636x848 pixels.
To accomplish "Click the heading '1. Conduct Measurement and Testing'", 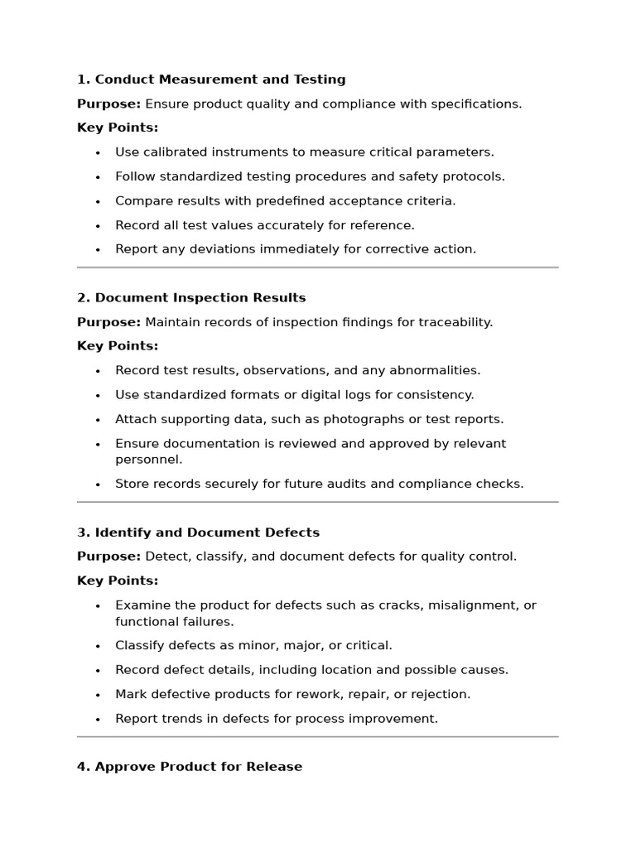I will click(211, 79).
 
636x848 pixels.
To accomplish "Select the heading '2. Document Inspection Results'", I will click(191, 297).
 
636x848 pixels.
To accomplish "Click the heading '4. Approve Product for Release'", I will click(190, 767).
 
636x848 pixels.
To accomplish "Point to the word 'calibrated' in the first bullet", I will click(174, 152).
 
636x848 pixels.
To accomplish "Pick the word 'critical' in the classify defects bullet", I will click(366, 646).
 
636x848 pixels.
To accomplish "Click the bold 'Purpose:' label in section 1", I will click(108, 104).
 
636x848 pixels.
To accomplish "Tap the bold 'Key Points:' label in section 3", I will click(118, 581).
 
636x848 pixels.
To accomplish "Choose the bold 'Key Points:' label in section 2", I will click(118, 346).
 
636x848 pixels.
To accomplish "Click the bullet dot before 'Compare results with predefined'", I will click(98, 201).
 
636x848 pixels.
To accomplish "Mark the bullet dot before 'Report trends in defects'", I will click(98, 720).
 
